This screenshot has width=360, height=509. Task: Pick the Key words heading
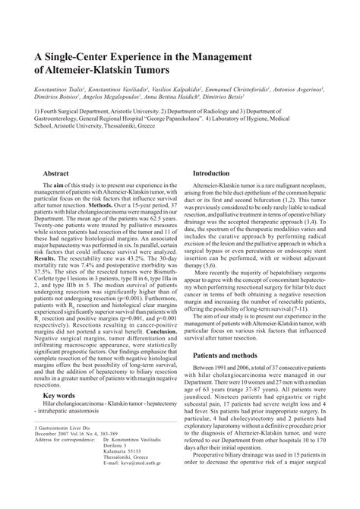pos(59,437)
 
